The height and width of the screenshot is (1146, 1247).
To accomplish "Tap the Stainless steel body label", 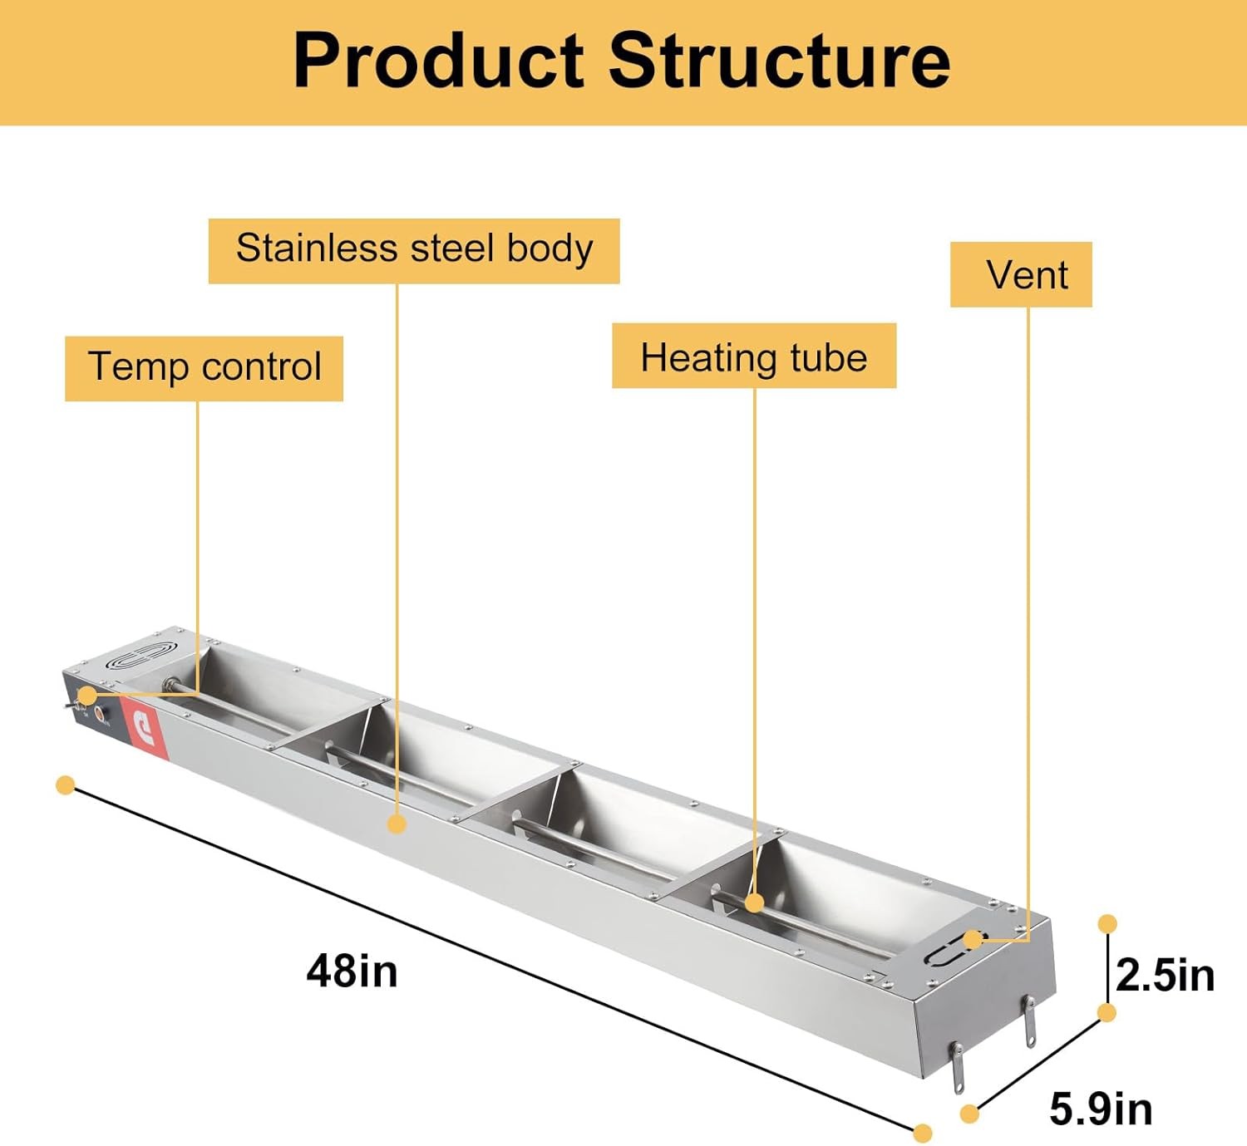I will point(414,250).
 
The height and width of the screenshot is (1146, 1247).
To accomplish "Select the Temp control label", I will point(204,368).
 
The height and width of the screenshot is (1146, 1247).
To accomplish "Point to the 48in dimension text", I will point(352,970).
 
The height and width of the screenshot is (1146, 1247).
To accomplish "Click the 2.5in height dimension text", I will point(1165,975).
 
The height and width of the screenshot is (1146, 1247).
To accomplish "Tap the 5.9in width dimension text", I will point(1101,1109).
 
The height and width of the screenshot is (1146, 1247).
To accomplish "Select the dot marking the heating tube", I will point(754,903).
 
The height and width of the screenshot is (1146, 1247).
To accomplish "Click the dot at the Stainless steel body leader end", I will point(397,824).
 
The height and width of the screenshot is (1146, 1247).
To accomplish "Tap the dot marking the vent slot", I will point(972,940).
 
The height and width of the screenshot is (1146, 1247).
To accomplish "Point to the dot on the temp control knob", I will point(86,695).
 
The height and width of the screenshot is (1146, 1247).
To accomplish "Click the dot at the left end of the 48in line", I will point(65,785).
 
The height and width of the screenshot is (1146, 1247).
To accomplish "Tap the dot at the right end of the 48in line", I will point(923,1133).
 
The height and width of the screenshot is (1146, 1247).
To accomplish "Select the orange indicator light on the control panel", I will point(101,713).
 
